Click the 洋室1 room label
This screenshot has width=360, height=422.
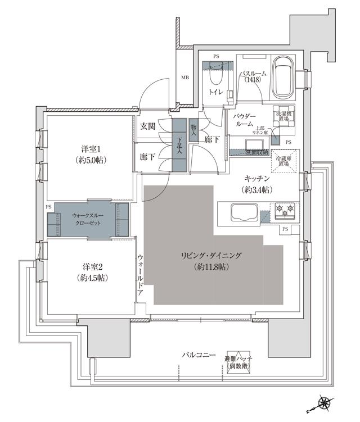click(x=89, y=155)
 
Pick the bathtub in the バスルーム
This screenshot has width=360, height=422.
click(x=282, y=78)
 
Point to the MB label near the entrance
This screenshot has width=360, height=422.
click(x=184, y=78)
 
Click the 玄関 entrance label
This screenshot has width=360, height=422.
click(x=148, y=125)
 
